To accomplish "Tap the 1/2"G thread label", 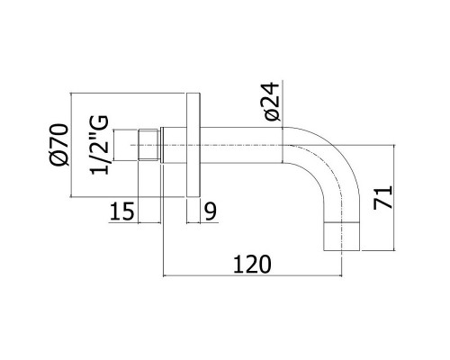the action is (x=99, y=145).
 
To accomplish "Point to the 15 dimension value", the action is (x=121, y=211).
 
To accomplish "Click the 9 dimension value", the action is (x=211, y=211).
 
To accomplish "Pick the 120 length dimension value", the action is (x=252, y=265).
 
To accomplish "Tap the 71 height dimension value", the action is (x=383, y=197).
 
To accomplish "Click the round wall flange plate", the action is (x=193, y=145).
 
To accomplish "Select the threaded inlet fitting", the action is (x=149, y=145).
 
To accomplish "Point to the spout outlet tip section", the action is (x=342, y=237).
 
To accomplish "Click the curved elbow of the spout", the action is (x=329, y=168).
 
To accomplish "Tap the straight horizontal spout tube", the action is (x=241, y=145).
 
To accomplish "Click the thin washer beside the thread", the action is (x=162, y=145).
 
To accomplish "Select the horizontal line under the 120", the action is (x=252, y=275).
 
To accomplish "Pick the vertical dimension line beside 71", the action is (x=393, y=198).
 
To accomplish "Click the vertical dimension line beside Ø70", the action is (x=71, y=145).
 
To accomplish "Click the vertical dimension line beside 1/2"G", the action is (x=114, y=145).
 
